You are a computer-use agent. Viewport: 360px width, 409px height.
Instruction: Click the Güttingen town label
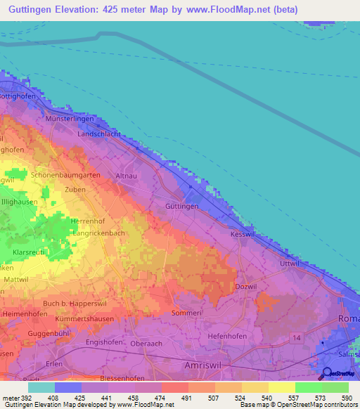click(x=182, y=207)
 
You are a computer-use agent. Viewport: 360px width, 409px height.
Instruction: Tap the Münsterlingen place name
click(x=71, y=119)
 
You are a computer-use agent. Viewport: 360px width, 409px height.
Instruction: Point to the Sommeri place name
click(x=187, y=312)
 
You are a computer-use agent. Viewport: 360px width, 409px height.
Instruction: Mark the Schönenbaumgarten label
click(x=65, y=174)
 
